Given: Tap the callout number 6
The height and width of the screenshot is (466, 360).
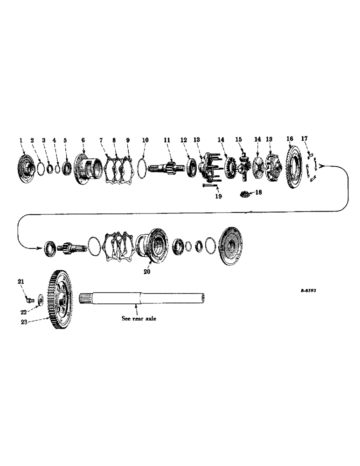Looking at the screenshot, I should pos(83,140).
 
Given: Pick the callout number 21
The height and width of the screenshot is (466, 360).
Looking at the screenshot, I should pos(21,281).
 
